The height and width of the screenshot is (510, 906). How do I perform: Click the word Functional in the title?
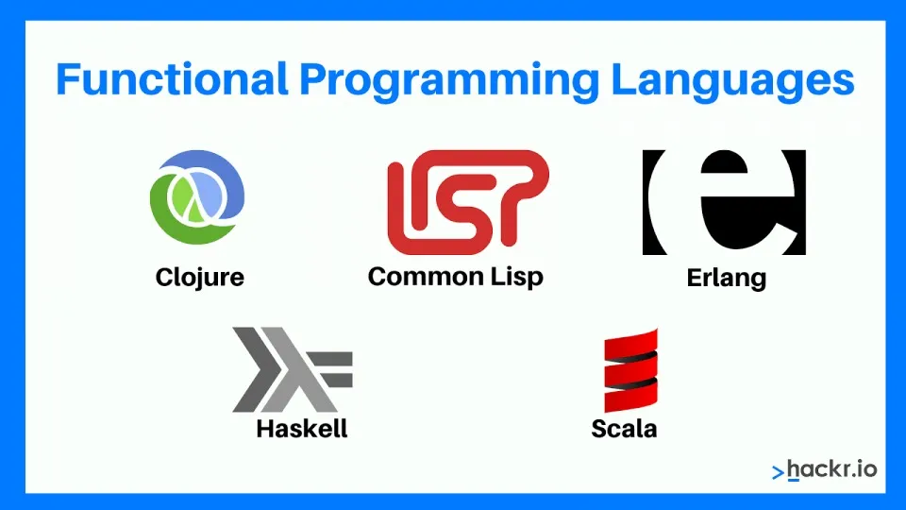(172, 79)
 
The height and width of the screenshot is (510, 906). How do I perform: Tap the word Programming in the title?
(449, 81)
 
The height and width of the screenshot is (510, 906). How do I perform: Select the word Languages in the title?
(732, 81)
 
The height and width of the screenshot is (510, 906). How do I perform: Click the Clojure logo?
(197, 196)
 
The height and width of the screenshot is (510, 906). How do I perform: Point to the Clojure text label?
(200, 278)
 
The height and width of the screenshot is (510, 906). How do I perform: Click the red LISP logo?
(468, 202)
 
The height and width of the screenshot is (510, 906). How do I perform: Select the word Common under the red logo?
(426, 276)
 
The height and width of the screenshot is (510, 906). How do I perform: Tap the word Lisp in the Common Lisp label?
(517, 278)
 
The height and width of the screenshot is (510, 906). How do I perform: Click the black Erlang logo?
(724, 202)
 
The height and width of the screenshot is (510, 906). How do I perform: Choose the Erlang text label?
(727, 278)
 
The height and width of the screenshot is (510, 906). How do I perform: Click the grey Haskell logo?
(293, 369)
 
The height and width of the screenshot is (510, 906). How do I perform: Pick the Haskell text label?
(302, 429)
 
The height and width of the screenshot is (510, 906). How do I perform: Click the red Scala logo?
(631, 370)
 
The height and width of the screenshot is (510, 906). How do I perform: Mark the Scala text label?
(624, 429)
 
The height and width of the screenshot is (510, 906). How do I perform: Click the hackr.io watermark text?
(832, 469)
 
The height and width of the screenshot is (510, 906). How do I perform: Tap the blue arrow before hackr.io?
(779, 473)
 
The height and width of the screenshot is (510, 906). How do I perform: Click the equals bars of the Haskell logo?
(331, 369)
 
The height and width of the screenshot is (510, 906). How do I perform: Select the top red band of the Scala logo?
(631, 341)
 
